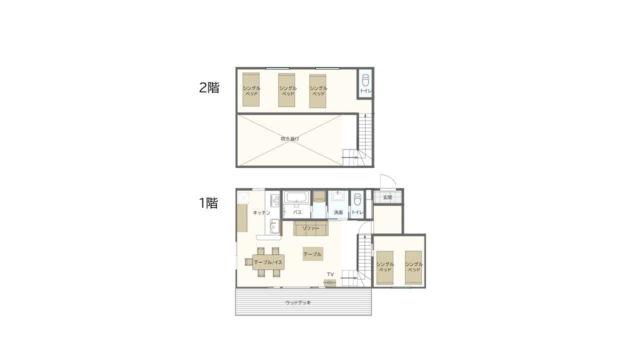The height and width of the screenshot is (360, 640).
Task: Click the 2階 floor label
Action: click(x=209, y=87)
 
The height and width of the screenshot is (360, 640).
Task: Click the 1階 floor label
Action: click(x=208, y=203)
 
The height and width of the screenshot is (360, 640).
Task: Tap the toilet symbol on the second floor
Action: click(x=365, y=80)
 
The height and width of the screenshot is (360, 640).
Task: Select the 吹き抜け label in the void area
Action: click(x=289, y=139)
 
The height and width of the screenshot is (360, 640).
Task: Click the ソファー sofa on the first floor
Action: click(x=311, y=228)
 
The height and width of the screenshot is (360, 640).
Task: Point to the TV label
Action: click(x=330, y=274)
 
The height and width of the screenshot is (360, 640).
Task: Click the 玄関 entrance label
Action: click(x=387, y=197)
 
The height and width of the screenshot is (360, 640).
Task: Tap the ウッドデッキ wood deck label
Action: click(x=298, y=302)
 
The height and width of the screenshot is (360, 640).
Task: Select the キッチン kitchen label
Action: click(x=261, y=212)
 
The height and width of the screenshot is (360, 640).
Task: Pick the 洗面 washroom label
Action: click(x=338, y=212)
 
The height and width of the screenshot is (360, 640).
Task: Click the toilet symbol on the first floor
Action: click(x=357, y=199)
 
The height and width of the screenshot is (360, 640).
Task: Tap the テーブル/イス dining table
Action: click(x=268, y=262)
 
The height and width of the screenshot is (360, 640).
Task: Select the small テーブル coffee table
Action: click(x=313, y=254)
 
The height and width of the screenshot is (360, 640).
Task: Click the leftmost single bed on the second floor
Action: click(x=251, y=89)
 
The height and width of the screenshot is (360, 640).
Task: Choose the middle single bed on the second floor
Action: click(x=286, y=90)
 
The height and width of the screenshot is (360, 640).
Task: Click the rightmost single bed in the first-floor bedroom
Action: click(x=413, y=267)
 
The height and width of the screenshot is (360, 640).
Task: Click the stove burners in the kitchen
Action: click(x=275, y=200)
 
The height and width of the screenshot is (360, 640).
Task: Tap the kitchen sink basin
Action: click(x=274, y=226)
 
